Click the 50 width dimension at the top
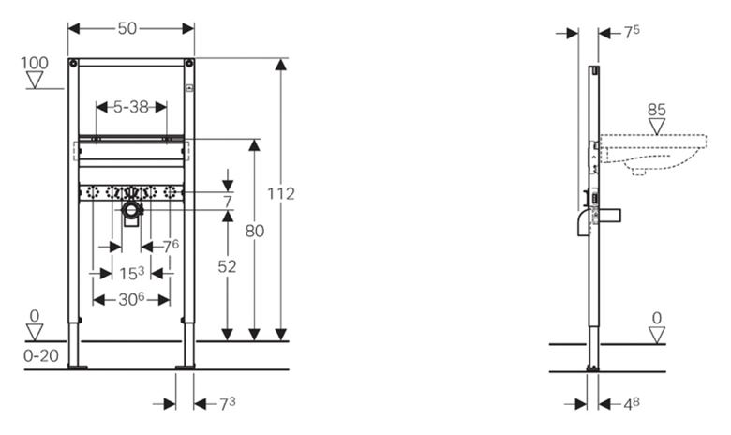127,28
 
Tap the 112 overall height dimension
280,193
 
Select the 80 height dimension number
255,231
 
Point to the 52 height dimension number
227,266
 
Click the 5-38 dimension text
131,107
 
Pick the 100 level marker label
34,63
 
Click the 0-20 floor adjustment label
41,355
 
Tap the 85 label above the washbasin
656,110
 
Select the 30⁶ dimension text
131,299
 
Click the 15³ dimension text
131,273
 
